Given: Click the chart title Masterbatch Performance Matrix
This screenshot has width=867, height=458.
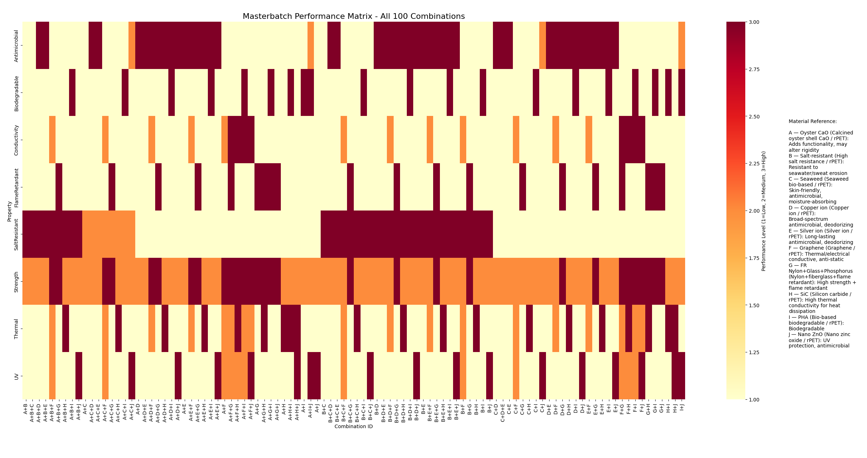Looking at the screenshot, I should [x=353, y=16].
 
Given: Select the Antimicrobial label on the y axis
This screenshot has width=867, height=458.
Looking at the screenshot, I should [x=16, y=46].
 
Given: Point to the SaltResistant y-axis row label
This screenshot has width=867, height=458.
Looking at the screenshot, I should [x=16, y=234].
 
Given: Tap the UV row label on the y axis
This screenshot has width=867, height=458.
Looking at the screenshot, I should [x=16, y=376].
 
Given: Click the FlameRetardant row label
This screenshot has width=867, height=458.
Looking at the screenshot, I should [x=16, y=187].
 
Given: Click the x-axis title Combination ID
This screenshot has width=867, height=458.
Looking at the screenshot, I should [x=353, y=426].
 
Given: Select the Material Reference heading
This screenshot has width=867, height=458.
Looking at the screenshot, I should [x=813, y=122].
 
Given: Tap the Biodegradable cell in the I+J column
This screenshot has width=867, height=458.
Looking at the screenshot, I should [x=682, y=92].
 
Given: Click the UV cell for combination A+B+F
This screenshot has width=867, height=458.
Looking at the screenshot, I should [x=52, y=376].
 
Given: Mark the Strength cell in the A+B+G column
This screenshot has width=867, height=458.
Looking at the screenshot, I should [x=59, y=281].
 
